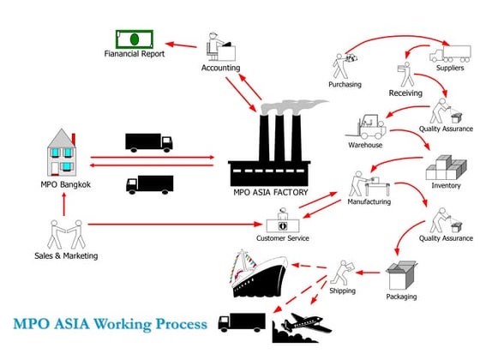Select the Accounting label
pos(220,68)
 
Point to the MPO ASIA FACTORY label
pos(271,192)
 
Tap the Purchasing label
pos(345,84)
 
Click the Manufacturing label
pos(369,202)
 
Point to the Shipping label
pos(342,291)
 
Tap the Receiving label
pos(405,93)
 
